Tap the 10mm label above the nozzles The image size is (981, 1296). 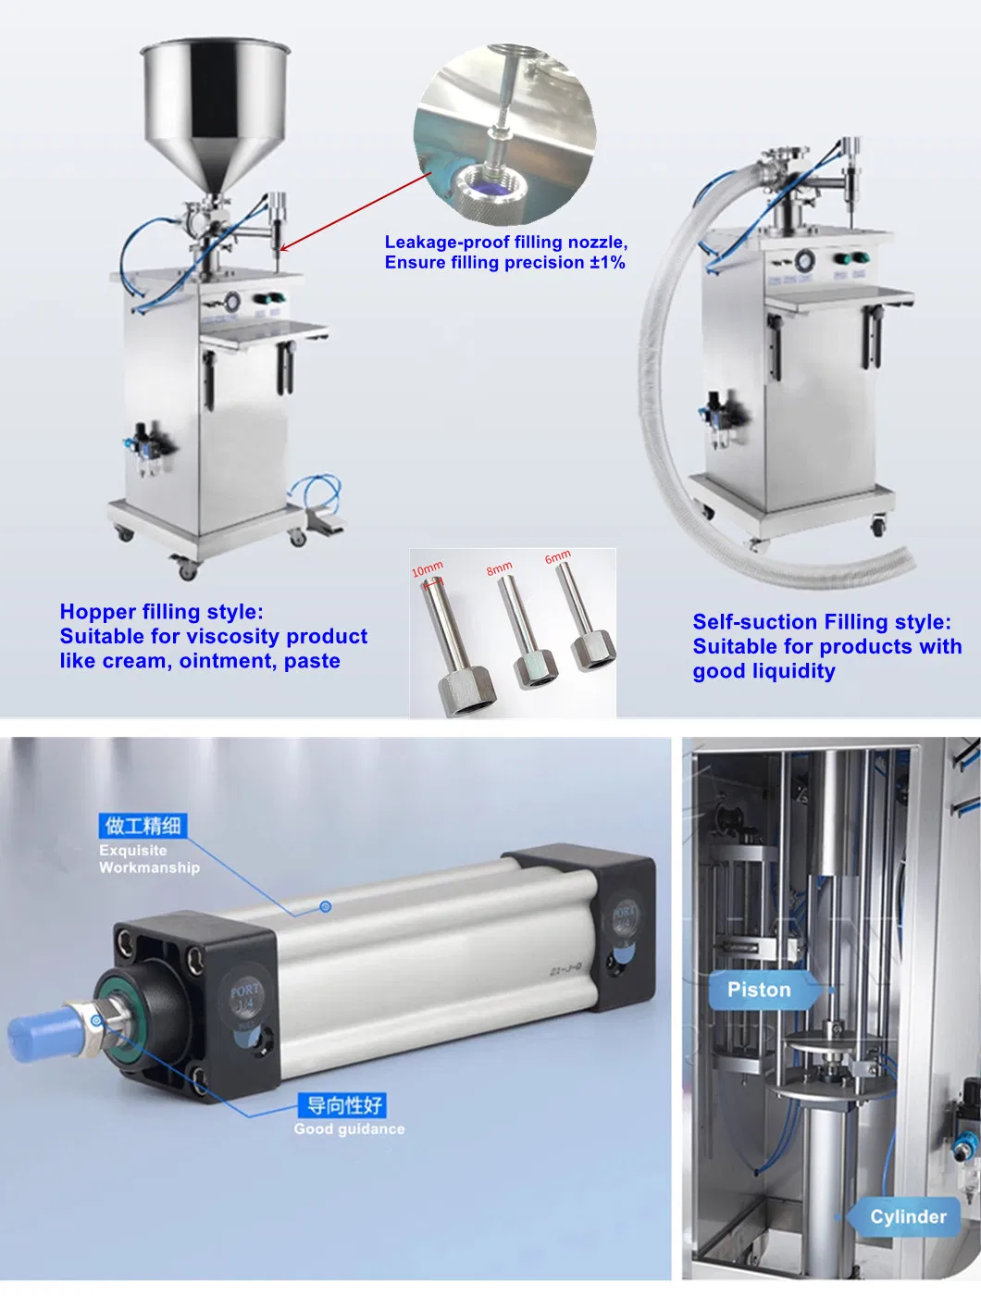(428, 568)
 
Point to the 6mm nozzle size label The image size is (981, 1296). (557, 556)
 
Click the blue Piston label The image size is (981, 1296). (759, 990)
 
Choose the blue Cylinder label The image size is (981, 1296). (908, 1216)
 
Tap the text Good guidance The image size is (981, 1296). (349, 1129)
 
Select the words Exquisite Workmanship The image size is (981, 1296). (148, 859)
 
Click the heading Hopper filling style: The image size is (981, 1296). (161, 612)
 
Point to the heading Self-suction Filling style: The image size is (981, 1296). (821, 622)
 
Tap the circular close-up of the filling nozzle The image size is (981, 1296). (504, 134)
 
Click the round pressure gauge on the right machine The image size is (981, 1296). (804, 260)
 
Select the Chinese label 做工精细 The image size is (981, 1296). (142, 825)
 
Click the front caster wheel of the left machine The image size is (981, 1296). (187, 568)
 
